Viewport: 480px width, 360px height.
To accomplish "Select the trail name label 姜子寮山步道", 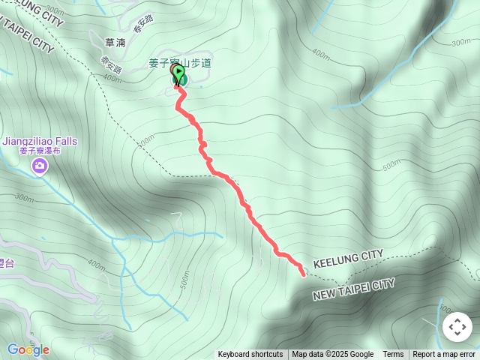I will tap(180, 62).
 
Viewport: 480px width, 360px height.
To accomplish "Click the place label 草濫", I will tap(115, 43).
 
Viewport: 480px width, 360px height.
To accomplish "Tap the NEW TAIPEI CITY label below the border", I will tap(353, 289).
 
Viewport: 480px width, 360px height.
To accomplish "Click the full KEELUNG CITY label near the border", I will tap(348, 259).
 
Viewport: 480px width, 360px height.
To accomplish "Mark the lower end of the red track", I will tap(303, 274).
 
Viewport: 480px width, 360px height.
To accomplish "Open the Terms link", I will tap(393, 355).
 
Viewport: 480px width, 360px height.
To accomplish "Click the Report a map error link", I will tap(444, 355).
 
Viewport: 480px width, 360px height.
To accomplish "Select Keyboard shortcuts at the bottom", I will tap(250, 355).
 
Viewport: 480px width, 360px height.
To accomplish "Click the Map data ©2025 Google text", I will tap(332, 355).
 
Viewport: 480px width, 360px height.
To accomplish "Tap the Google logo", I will tap(28, 349).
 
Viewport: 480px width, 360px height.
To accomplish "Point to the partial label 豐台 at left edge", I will tap(7, 262).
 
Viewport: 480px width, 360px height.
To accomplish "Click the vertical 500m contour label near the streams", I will tap(185, 279).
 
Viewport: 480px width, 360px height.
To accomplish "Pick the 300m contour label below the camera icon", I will tap(24, 198).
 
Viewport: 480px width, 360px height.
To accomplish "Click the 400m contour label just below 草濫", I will tap(112, 77).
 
